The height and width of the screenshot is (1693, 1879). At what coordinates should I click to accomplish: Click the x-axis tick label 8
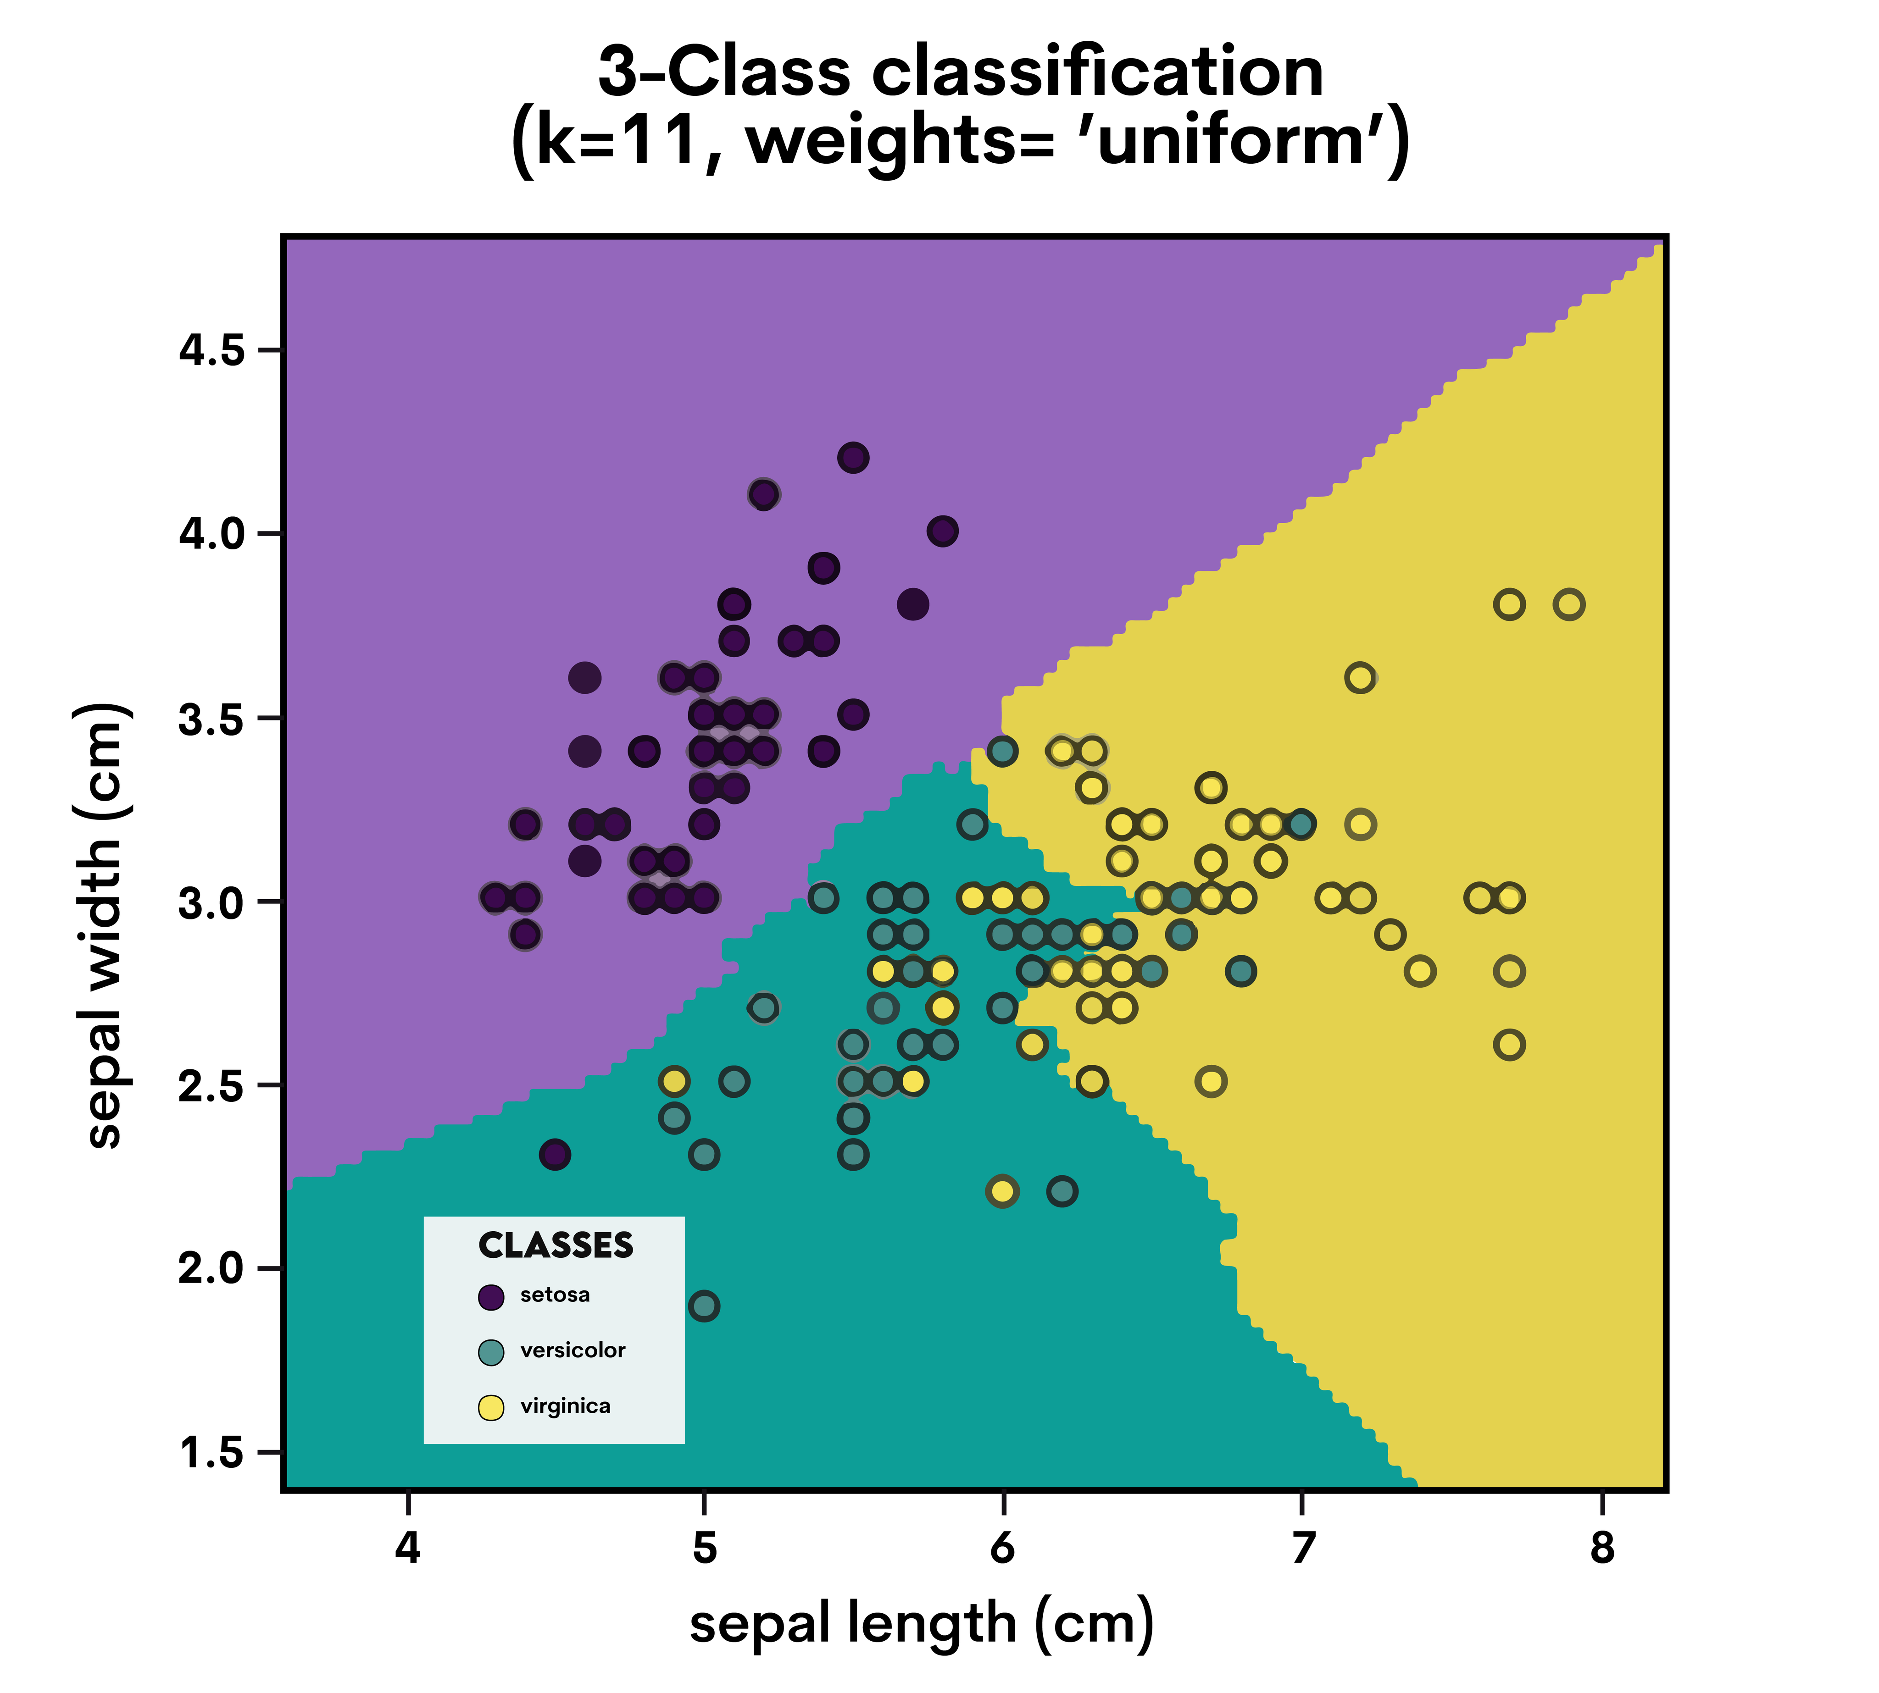1601,1549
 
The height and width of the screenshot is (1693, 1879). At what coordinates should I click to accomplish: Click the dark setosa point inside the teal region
555,1154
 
